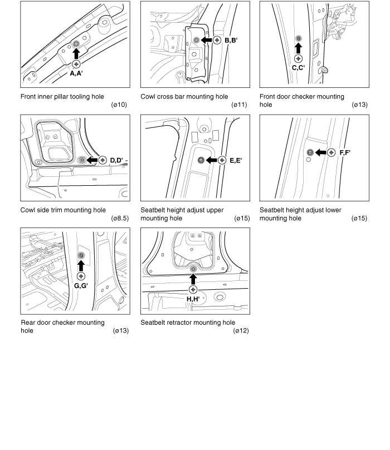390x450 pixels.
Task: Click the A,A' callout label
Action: click(76, 73)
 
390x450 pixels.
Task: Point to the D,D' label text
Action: click(116, 160)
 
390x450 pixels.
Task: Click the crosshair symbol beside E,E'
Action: click(222, 160)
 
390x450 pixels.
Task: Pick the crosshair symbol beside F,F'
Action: click(331, 152)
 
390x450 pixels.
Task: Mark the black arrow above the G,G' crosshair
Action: click(81, 265)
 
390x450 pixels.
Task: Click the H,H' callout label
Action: click(193, 299)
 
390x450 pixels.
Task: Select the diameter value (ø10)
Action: click(120, 105)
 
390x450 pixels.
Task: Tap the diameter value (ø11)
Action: click(239, 105)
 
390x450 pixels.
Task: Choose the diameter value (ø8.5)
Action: click(120, 219)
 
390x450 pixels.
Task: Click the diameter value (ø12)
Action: click(241, 331)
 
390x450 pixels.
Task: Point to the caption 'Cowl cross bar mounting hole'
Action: click(184, 97)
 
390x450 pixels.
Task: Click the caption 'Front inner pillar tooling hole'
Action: click(62, 97)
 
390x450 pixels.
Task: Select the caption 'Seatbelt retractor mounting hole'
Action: click(188, 323)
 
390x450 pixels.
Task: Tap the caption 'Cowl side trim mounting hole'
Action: click(63, 210)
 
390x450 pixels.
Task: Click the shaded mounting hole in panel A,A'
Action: click(76, 43)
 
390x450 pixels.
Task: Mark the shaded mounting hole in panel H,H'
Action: click(193, 269)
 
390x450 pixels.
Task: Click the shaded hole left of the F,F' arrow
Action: click(310, 152)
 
